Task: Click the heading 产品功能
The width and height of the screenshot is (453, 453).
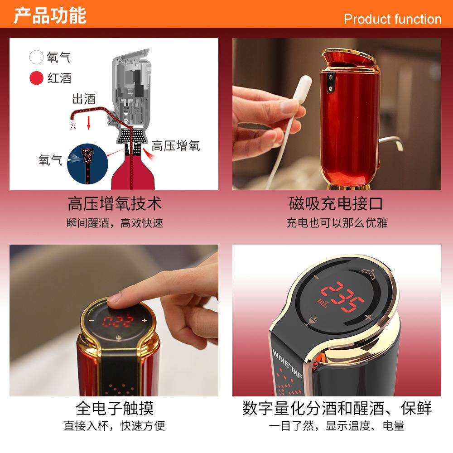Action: coord(50,15)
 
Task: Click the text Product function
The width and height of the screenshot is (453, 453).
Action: coord(392,19)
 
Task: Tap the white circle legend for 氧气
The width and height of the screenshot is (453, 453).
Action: coord(36,58)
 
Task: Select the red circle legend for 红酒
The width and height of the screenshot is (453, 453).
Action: coord(36,78)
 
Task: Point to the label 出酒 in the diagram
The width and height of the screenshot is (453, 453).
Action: coord(84,99)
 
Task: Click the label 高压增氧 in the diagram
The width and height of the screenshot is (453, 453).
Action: coord(175,145)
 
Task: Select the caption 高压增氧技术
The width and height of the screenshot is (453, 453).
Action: coord(114,203)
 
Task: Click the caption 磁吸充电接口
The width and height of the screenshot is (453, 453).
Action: coord(336,203)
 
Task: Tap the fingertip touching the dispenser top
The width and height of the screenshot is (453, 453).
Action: coord(117,298)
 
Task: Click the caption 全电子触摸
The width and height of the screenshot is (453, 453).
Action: coord(114,408)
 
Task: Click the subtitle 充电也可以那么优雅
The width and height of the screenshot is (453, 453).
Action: coord(336,223)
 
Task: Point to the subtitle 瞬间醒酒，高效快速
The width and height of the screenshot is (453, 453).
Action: coord(114,223)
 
